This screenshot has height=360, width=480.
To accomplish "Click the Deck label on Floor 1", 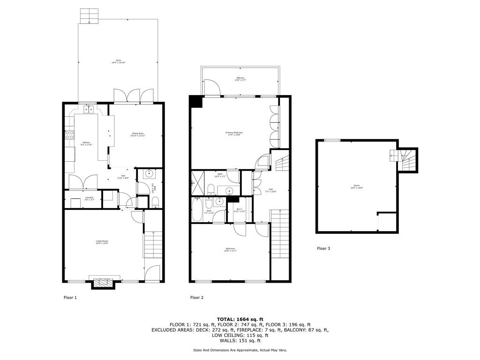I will (118, 61).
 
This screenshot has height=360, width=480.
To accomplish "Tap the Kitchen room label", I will (87, 143).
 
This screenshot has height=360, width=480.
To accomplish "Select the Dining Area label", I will (138, 135).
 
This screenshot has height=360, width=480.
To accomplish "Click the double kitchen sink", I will (89, 110).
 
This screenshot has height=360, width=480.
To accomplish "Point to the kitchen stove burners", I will (69, 135).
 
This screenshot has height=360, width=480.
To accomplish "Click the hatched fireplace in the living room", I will (103, 283).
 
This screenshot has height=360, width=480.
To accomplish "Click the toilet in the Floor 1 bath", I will (155, 202).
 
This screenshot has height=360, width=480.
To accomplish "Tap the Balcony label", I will (240, 79).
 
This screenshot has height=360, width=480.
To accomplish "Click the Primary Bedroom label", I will (234, 134).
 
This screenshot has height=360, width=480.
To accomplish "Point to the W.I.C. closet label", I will (240, 210).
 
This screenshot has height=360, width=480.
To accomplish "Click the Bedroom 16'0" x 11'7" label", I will (230, 250).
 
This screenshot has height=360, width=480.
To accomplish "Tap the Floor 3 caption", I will (323, 248).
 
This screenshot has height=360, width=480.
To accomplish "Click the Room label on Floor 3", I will (357, 187).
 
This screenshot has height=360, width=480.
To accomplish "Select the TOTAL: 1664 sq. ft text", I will (240, 319).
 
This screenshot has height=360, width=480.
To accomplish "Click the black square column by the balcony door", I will (195, 102).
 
